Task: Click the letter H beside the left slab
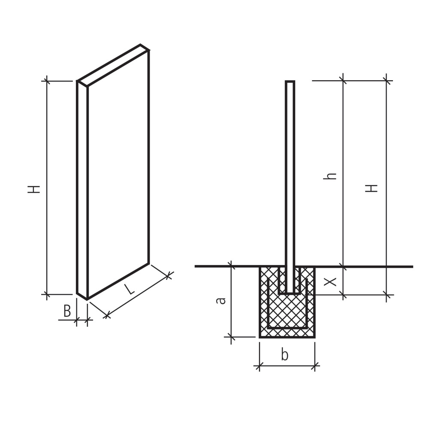pyautogui.click(x=34, y=189)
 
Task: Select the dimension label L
pyautogui.click(x=129, y=289)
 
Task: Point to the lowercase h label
pyautogui.click(x=329, y=176)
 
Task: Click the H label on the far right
pyautogui.click(x=372, y=188)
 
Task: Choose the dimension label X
pyautogui.click(x=330, y=281)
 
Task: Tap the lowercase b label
pyautogui.click(x=284, y=355)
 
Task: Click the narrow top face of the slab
pyautogui.click(x=113, y=66)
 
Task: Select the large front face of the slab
pyautogui.click(x=118, y=175)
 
